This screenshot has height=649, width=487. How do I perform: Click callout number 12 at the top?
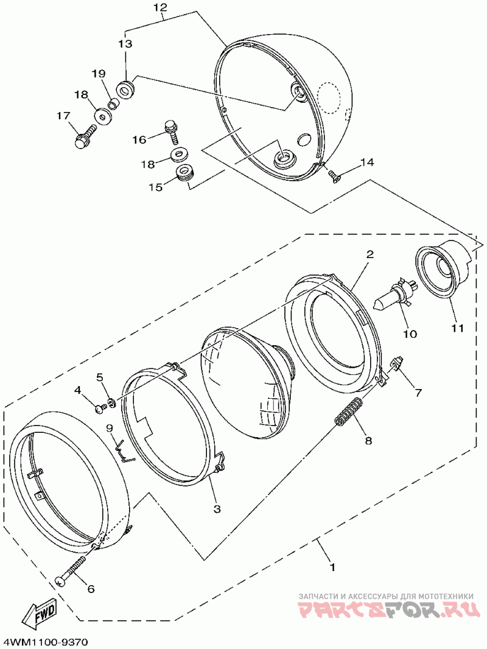pyautogui.click(x=159, y=7)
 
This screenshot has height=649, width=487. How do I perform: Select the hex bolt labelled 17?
pyautogui.click(x=85, y=136)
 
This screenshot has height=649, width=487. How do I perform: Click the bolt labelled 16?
pyautogui.click(x=171, y=130)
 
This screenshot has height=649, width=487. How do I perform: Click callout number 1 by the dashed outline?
pyautogui.click(x=332, y=567)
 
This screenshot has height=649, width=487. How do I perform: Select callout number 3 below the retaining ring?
pyautogui.click(x=217, y=508)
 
